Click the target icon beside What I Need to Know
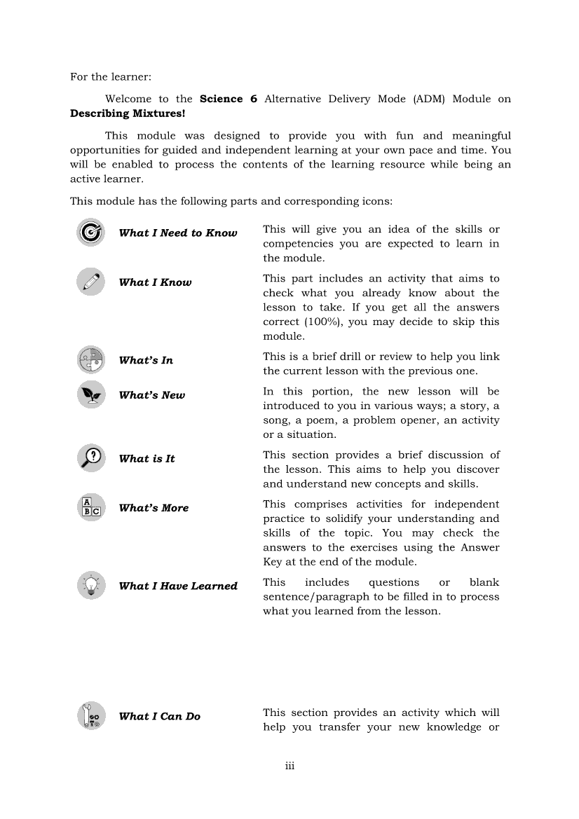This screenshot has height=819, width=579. point(91,233)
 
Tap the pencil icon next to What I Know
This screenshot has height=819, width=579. point(91,282)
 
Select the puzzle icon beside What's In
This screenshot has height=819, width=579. point(91,360)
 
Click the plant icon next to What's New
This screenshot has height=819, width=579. point(91,394)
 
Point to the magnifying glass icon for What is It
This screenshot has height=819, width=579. point(91,458)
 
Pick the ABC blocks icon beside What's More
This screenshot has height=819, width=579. point(91,508)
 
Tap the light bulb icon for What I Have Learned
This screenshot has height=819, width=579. point(91,586)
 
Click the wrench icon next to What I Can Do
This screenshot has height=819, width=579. point(91,716)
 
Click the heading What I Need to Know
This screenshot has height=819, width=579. point(178,233)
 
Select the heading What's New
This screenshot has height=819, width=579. point(152,395)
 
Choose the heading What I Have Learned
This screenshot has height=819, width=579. point(178,586)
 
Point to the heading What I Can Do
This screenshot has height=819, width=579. point(160,717)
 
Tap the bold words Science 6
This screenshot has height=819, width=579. point(229,99)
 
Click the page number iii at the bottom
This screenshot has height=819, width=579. point(289,766)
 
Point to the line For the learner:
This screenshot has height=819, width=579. point(111,76)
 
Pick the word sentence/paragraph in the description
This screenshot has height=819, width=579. point(316,597)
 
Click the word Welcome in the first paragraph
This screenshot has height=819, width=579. point(128,99)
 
